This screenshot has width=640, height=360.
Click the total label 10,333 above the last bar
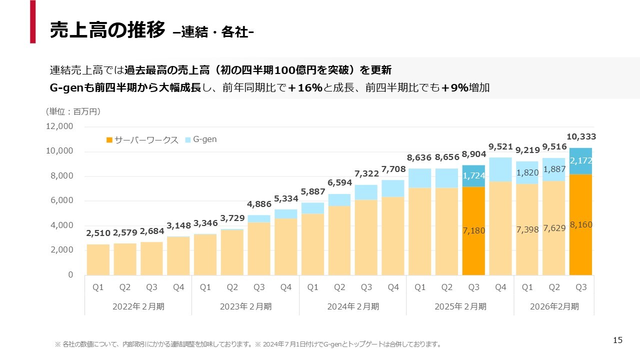[x=581, y=136]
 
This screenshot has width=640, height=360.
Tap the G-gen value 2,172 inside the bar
[x=581, y=161]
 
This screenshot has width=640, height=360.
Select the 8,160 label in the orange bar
[x=581, y=225]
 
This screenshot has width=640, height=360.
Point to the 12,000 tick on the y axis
[x=59, y=127]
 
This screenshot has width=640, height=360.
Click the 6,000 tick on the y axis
[x=61, y=200]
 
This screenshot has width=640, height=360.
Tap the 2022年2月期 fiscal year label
[x=138, y=306]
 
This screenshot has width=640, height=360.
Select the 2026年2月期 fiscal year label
[x=554, y=306]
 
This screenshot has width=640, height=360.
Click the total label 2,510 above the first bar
[x=98, y=233]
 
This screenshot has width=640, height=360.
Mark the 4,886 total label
[x=259, y=204]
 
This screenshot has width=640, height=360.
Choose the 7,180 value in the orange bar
[x=473, y=231]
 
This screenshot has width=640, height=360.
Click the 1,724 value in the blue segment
[x=473, y=176]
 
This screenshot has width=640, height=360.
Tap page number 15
[x=617, y=340]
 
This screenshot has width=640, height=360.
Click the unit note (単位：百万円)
[x=73, y=111]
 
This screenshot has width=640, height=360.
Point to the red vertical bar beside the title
[x=32, y=21]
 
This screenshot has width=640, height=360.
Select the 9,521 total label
[x=500, y=146]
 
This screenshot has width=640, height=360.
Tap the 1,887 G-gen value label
[x=554, y=169]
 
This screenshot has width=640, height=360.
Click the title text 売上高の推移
[x=107, y=30]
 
